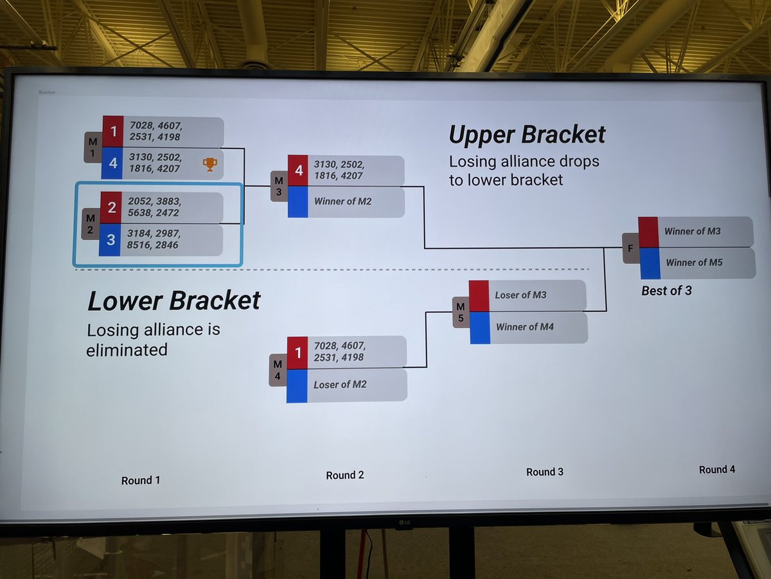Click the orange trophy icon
tap(209, 164)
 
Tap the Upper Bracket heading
tap(527, 134)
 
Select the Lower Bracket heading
tap(174, 300)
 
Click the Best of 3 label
tap(666, 291)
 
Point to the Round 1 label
tap(141, 481)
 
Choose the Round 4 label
tap(717, 470)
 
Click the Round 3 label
tap(545, 472)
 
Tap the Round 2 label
tap(345, 475)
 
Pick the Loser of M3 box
tap(537, 295)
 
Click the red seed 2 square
tap(112, 208)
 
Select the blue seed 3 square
tap(111, 240)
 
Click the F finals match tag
tap(630, 248)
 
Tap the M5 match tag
tap(461, 311)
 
